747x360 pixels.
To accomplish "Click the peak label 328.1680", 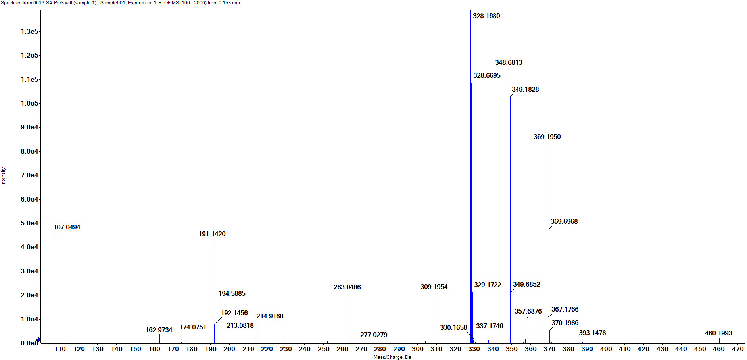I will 486,16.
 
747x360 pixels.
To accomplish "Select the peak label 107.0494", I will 67,227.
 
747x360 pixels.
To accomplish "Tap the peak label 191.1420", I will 212,234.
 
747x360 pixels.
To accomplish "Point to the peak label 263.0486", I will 347,287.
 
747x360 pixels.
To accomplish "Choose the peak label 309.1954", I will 434,287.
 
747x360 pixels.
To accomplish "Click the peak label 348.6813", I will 509,62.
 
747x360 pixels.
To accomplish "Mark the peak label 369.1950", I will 547,137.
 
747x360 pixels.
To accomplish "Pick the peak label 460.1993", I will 718,333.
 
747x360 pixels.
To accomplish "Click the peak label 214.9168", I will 270,316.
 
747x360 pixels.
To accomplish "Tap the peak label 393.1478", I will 592,333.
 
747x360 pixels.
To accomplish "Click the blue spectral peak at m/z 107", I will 54,290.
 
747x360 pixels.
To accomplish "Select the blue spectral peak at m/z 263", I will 348,318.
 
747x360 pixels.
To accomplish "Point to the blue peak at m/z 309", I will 435,318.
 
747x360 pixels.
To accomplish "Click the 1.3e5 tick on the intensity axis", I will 30,31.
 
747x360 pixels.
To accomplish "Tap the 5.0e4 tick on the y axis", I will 30,223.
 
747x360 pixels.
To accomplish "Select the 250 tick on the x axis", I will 323,349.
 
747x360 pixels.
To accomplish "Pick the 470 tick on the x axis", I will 737,349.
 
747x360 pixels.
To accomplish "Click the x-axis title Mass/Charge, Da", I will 392,357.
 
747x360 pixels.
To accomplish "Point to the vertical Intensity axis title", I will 4,176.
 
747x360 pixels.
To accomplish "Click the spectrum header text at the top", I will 120,3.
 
